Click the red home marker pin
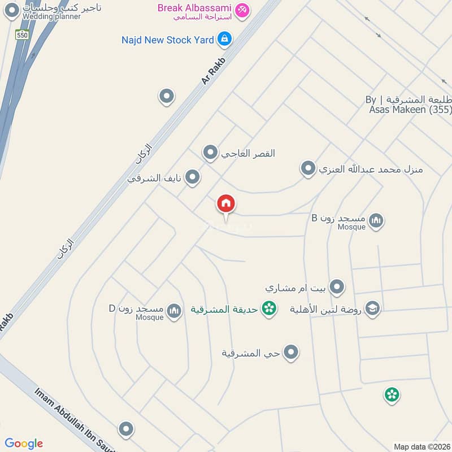[226, 204]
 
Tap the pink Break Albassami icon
[242, 10]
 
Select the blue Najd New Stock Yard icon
[225, 39]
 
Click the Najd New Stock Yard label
[168, 40]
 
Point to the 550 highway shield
[22, 34]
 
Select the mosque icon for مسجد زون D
[175, 310]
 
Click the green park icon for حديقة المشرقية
[270, 308]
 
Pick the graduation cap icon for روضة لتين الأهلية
[372, 308]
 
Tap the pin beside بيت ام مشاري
[337, 287]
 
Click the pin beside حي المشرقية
[291, 353]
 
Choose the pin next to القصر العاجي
[210, 153]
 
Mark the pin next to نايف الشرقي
[193, 177]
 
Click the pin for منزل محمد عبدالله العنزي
[308, 168]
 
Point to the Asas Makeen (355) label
[409, 110]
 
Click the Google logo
[24, 444]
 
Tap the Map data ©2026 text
[421, 446]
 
